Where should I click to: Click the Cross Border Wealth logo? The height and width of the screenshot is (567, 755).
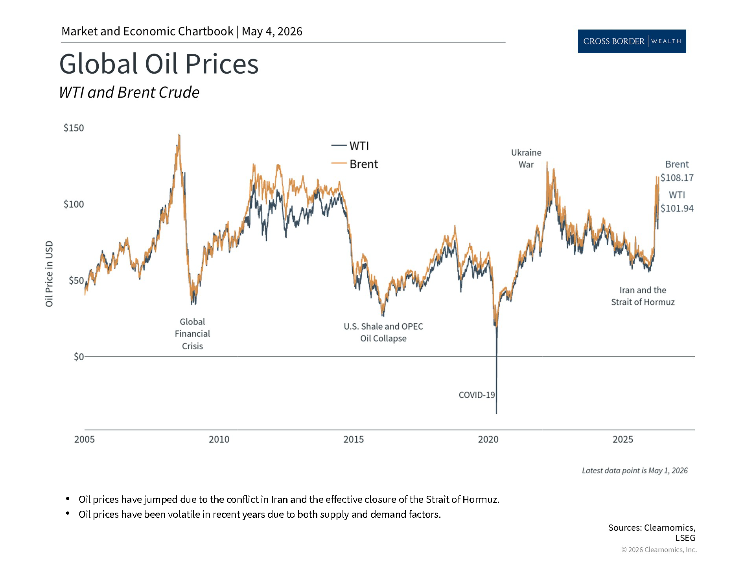point(632,41)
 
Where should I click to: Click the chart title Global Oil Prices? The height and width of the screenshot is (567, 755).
point(159,64)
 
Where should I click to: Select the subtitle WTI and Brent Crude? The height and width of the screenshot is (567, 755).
point(129,93)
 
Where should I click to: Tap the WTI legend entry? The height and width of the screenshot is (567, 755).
point(350,146)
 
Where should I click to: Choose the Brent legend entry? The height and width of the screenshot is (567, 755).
point(355,164)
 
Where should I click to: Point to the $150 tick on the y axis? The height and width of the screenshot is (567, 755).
point(74,128)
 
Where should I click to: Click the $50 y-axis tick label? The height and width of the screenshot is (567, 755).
point(76,280)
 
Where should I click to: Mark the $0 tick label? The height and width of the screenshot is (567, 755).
point(79,357)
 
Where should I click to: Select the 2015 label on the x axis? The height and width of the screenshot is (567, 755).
point(354,439)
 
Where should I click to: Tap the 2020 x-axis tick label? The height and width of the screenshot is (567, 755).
point(488,439)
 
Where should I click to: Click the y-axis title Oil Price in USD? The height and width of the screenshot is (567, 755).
point(49,274)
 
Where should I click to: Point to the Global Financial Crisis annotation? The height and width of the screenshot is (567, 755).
point(192,334)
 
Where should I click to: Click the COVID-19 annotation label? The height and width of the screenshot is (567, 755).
point(477,395)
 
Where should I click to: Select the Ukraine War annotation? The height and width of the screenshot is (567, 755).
point(526,158)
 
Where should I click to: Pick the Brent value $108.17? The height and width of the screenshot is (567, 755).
point(677,178)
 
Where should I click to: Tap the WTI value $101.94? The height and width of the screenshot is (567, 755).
point(677,208)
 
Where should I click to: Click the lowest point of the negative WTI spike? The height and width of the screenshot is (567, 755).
point(496,413)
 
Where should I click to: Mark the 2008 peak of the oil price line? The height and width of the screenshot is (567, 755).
point(179,135)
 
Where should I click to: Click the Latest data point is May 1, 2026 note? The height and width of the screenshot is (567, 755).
point(635,471)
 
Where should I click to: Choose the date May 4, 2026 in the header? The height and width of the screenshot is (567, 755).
point(272,31)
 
